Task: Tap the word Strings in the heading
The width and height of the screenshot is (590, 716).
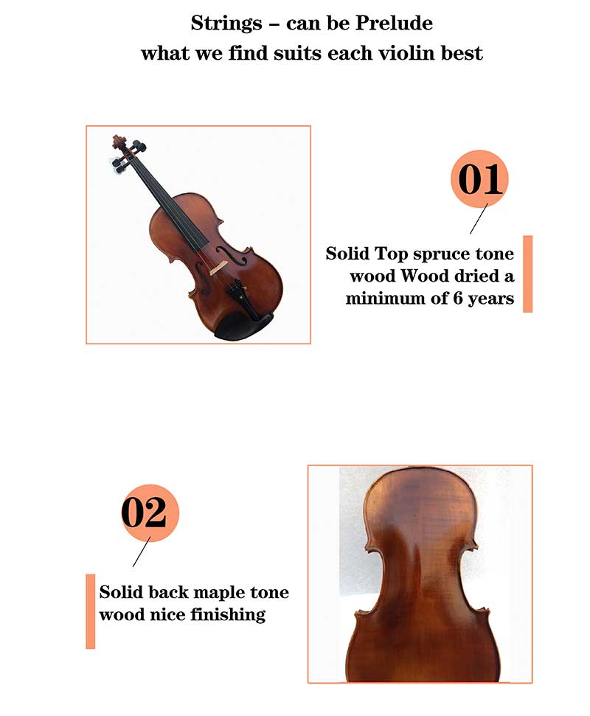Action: pos(226,24)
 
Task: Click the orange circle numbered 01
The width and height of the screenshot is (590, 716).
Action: pos(479,179)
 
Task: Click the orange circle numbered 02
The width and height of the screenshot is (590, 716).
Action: pos(150,512)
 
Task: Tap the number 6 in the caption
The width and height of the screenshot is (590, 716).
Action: pos(457,298)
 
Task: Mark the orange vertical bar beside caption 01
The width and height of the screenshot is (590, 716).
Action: pos(527,274)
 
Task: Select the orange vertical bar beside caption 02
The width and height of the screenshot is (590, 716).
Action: pos(91,611)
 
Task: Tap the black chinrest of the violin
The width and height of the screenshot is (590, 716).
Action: pos(244,326)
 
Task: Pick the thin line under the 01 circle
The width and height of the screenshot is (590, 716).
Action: pos(479,219)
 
